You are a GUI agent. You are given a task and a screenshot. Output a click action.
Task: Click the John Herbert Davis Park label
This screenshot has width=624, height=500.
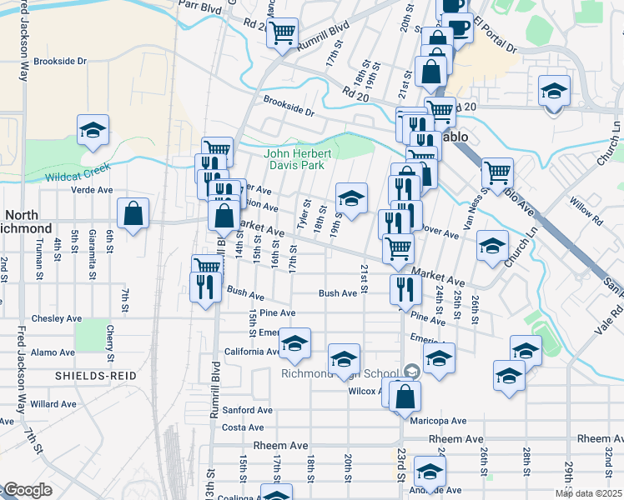tap(299, 159)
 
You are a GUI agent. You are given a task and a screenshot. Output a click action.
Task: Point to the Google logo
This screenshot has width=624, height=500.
tap(28, 490)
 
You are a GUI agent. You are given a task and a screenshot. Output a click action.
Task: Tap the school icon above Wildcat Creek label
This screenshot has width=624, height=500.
tap(93, 131)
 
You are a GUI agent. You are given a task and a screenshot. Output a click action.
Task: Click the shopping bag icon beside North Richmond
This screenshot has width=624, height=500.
tap(133, 214)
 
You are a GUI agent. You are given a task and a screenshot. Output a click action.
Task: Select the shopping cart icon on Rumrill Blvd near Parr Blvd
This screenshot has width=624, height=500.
tap(283, 34)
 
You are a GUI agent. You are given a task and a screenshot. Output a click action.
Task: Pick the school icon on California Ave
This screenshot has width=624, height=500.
tap(294, 343)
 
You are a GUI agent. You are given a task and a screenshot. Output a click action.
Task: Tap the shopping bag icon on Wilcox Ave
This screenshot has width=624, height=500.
tap(404, 397)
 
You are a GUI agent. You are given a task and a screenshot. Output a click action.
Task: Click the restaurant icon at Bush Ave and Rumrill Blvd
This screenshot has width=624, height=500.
tap(205, 288)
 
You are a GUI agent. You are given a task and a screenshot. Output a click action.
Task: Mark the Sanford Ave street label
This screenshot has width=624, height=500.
tap(247, 410)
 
